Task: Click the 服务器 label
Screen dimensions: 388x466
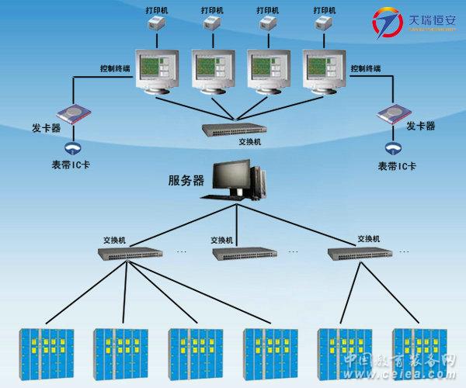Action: tap(186, 181)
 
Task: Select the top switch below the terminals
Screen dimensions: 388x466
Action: tap(231, 130)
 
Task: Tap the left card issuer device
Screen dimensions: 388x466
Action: tap(74, 115)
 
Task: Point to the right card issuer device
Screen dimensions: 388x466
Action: tap(395, 115)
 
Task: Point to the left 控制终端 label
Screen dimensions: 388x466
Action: tap(116, 68)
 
